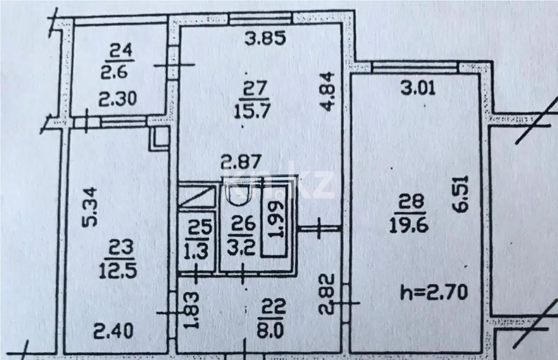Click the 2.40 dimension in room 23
tap(113, 332)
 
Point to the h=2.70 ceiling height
tap(433, 293)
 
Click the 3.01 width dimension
tap(418, 87)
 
